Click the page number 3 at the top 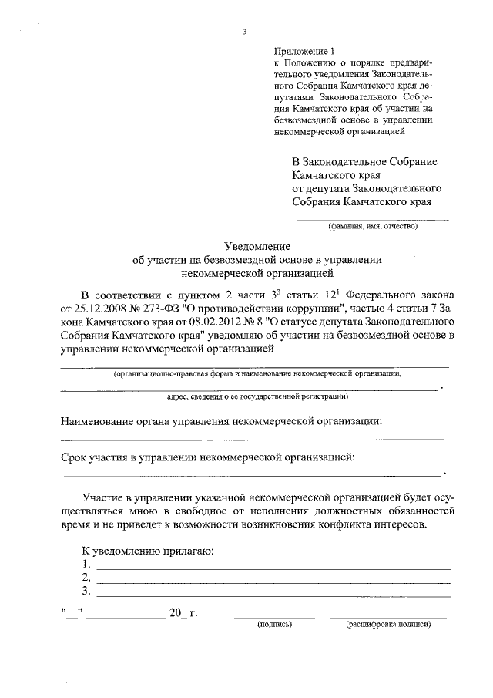tap(245, 32)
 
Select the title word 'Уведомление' tap(257, 246)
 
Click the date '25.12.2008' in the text tap(97, 310)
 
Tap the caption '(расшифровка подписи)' tap(387, 626)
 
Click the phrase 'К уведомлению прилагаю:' tap(148, 551)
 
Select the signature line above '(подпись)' tap(274, 618)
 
